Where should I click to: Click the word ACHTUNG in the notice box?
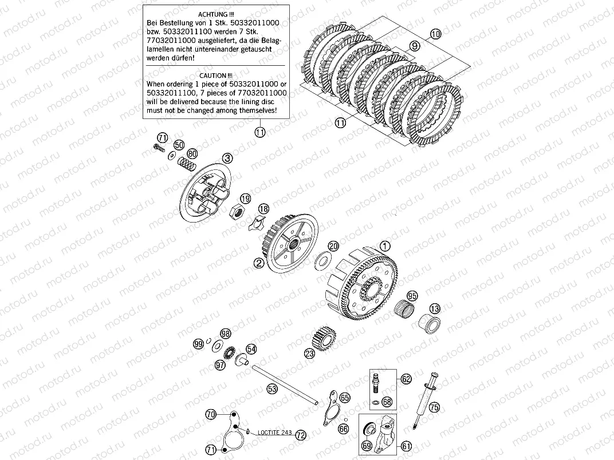212,14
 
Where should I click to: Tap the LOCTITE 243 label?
274,432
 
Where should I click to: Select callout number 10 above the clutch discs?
435,34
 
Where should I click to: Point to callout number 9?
414,46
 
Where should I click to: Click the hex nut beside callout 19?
237,212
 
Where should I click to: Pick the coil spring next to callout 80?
186,163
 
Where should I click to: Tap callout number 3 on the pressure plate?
227,158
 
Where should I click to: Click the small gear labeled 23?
325,337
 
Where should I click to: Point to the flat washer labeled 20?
323,260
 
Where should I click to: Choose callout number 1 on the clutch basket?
385,245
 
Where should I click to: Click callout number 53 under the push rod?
271,389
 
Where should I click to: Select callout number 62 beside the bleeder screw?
406,379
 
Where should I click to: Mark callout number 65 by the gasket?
345,398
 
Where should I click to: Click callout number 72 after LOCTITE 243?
301,435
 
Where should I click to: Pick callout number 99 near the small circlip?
199,344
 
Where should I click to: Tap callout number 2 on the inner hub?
259,263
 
